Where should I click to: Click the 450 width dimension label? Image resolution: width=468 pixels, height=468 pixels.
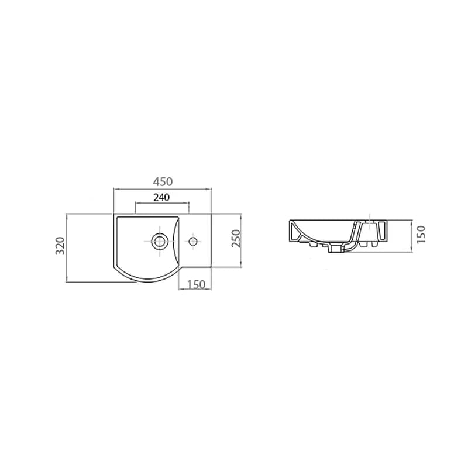point(163,181)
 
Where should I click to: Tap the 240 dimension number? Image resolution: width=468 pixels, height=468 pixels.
point(161,197)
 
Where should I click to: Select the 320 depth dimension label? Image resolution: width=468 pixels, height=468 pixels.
point(61,245)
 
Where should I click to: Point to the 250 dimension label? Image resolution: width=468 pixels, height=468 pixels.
point(236,238)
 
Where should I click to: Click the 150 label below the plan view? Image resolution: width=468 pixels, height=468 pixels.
point(197,284)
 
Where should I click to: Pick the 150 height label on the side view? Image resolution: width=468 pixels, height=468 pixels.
point(421,235)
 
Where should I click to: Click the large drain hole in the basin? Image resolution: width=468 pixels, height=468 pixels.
point(159,240)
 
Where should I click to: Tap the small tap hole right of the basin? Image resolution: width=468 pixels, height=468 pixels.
point(193,240)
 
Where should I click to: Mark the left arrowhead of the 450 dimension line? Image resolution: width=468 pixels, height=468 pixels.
point(115,189)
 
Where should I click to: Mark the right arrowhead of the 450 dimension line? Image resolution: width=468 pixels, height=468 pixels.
point(209,189)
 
